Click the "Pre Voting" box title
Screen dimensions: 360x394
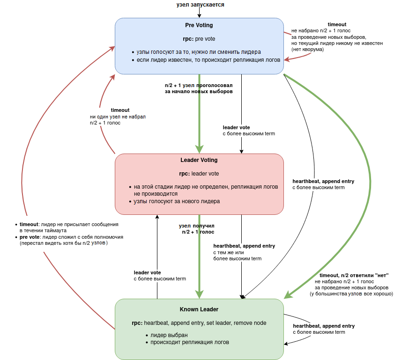tap(199, 25)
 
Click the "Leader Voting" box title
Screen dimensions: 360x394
tap(199, 160)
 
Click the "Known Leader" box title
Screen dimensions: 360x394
tap(199, 309)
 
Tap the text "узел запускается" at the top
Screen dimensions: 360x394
tap(200, 5)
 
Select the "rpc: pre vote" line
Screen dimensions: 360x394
tap(199, 39)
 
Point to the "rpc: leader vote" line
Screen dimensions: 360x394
tap(199, 174)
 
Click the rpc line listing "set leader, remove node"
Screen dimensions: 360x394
tap(199, 323)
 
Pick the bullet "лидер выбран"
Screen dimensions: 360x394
tap(169, 335)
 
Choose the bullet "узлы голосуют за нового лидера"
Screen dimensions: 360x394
tap(177, 201)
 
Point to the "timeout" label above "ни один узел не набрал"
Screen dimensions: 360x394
tap(120, 110)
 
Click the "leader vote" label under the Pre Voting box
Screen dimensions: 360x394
tap(236, 127)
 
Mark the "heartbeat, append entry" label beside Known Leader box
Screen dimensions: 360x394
tap(324, 326)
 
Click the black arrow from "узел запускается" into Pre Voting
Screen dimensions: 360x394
tap(200, 13)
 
